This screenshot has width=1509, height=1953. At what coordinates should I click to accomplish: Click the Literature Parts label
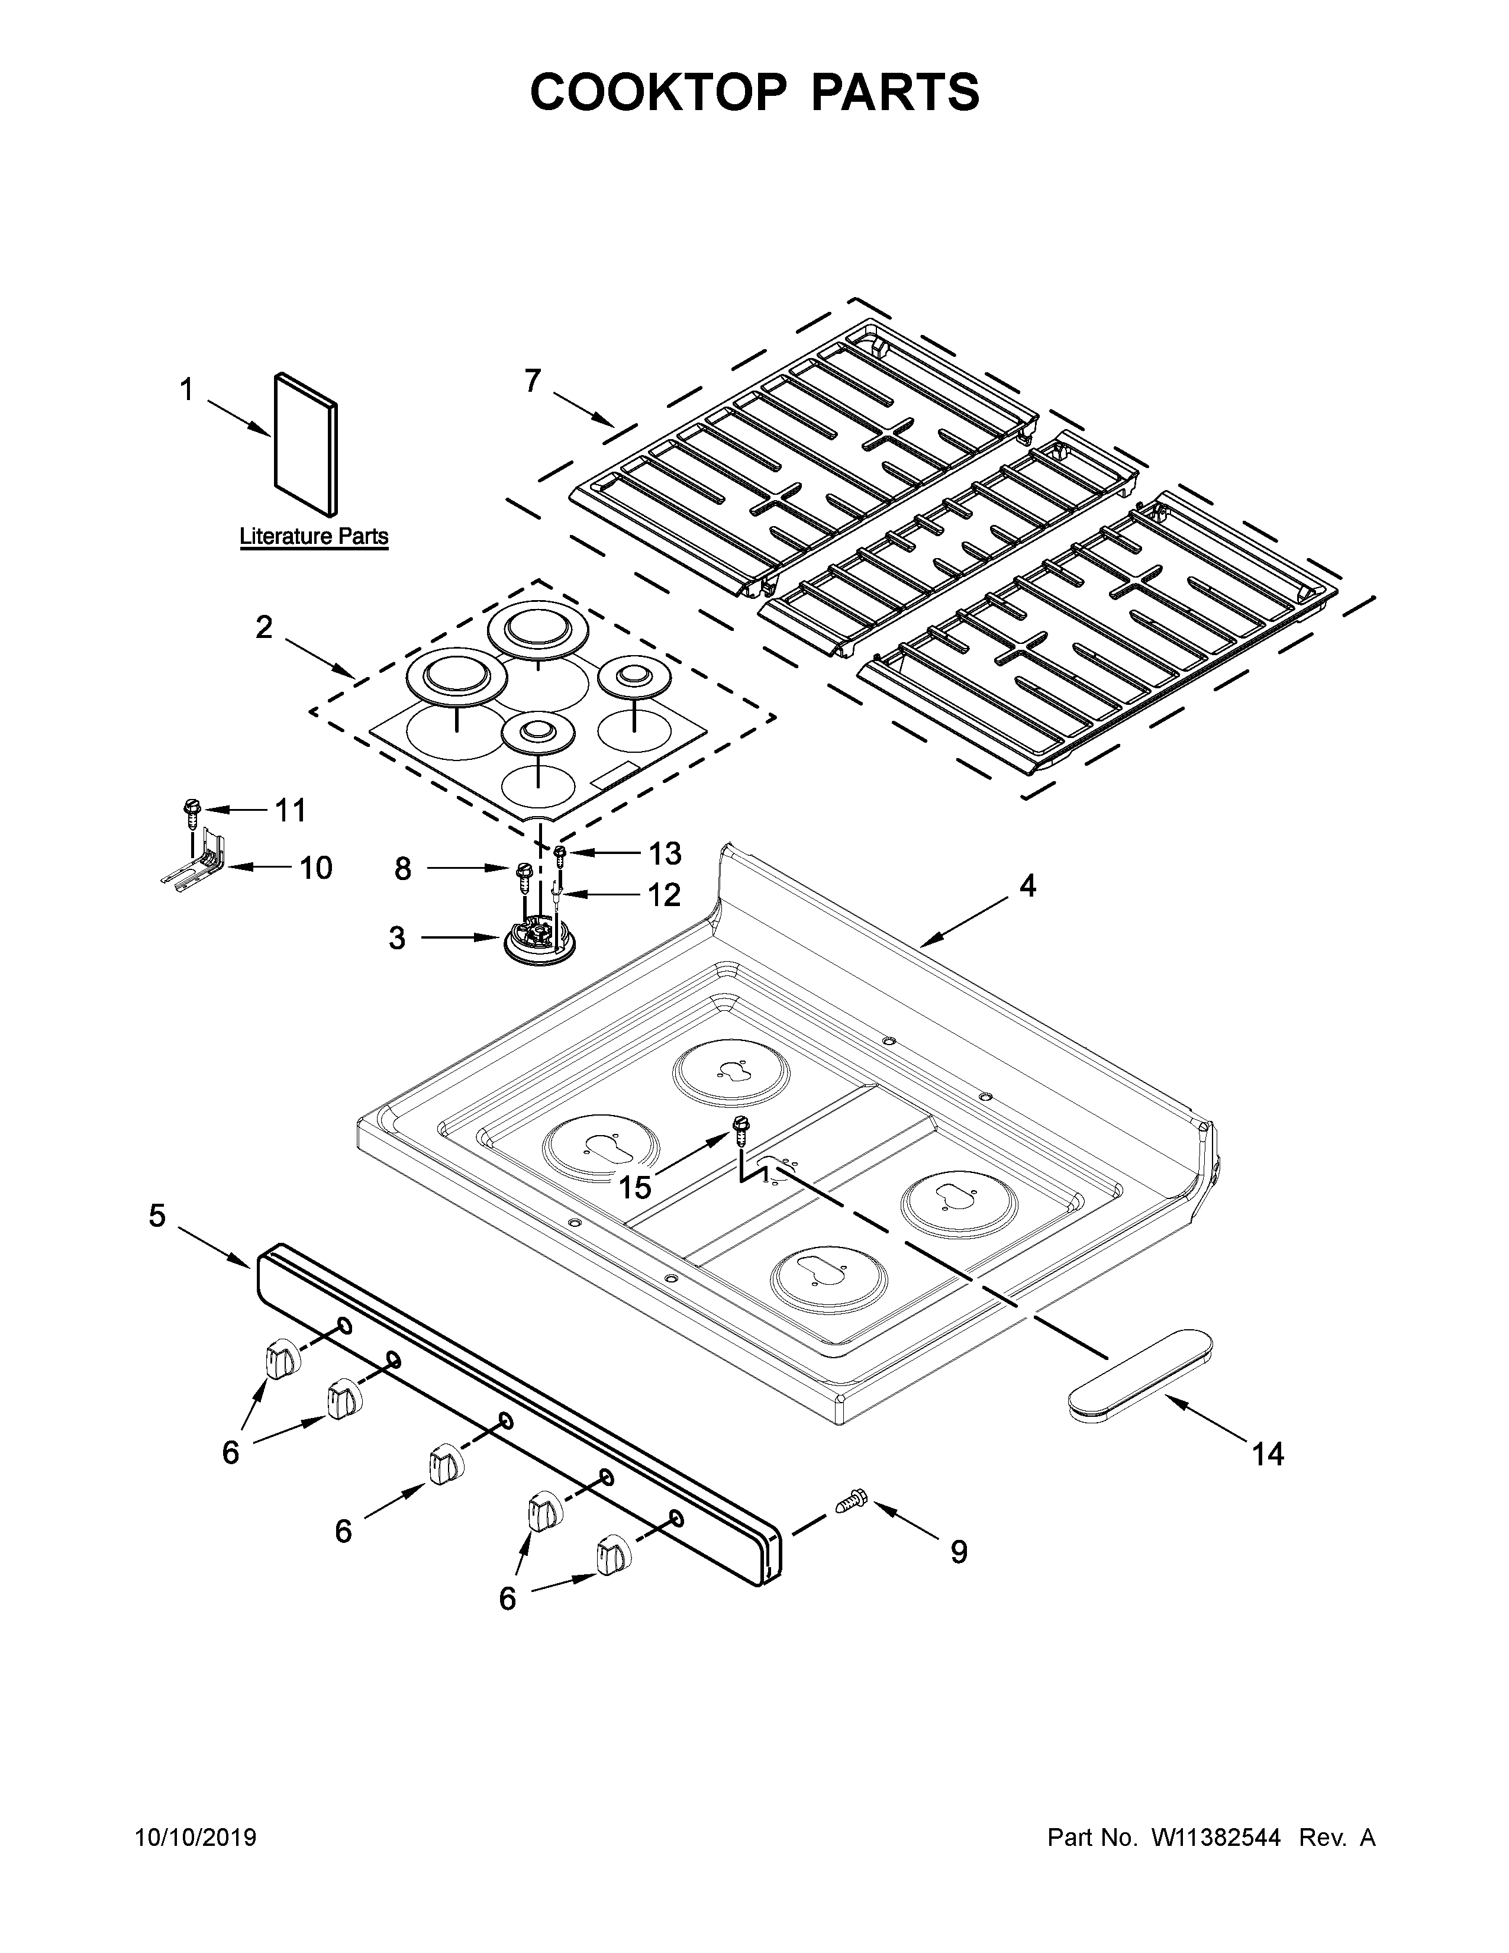[x=314, y=537]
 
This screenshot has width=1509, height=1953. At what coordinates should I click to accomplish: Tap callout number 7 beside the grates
[x=533, y=381]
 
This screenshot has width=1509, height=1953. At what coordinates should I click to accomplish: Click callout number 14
[x=1268, y=1454]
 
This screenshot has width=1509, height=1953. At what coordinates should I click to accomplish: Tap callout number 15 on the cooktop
[x=635, y=1187]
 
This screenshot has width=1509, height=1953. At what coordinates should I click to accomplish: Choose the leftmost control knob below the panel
[x=282, y=1360]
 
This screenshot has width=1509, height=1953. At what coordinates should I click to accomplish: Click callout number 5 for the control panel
[x=157, y=1216]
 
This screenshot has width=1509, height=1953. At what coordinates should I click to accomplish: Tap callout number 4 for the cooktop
[x=1028, y=885]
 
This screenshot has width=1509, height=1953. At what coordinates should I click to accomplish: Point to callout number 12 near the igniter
[x=663, y=894]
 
